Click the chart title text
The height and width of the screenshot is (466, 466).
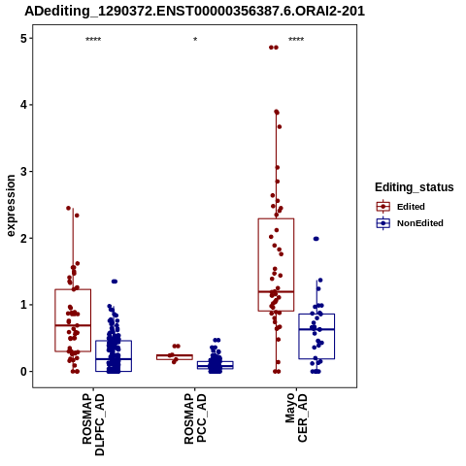pos(194,12)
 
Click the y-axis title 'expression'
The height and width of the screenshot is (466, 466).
pos(11,206)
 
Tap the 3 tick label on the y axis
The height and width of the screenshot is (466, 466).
pos(23,172)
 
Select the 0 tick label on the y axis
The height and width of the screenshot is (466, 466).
pos(23,372)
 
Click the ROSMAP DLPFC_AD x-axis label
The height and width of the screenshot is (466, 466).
pos(93,424)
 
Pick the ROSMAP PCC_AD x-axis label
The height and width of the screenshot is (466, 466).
pos(195,418)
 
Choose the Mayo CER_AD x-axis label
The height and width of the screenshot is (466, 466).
pos(296,417)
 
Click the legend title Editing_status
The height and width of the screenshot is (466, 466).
pos(415,187)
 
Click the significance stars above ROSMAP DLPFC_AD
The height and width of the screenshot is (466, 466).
pos(93,40)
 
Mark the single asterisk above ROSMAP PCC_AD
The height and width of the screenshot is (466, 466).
pos(195,40)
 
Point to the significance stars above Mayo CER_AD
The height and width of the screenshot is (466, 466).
pos(296,40)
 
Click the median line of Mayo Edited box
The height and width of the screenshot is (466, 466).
pos(276,291)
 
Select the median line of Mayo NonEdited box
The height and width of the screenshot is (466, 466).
pos(316,329)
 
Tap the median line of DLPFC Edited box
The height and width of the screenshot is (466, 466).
pos(73,325)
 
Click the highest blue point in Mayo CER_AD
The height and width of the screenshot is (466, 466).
pos(316,239)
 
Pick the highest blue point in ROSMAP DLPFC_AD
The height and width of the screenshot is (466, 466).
pos(115,282)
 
